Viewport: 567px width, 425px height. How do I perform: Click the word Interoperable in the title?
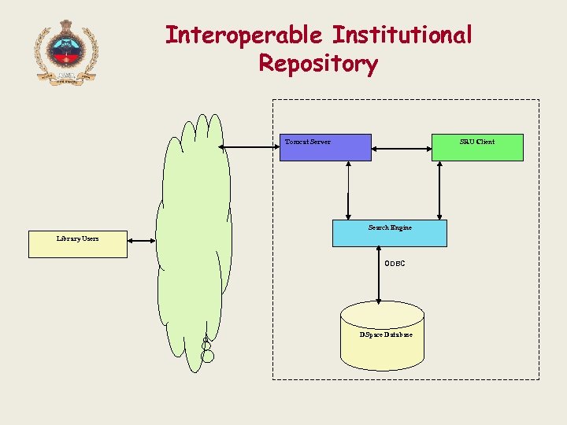tap(244, 35)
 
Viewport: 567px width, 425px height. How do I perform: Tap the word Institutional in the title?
tap(402, 35)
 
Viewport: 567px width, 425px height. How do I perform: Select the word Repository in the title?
tap(318, 64)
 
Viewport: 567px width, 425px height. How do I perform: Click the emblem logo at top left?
tap(66, 52)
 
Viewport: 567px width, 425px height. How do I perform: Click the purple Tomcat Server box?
tap(325, 147)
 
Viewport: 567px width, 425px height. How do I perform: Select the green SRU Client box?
tap(477, 147)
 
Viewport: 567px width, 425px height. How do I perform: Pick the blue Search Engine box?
tap(389, 233)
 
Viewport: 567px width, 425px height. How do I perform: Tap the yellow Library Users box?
tap(77, 244)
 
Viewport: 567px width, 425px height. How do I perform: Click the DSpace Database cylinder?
tap(382, 338)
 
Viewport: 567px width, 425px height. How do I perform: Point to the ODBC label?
tap(395, 264)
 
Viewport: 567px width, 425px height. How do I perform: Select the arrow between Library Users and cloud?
tap(142, 241)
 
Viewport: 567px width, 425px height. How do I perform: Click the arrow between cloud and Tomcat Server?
tap(250, 147)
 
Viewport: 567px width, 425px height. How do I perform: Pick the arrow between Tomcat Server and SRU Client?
tap(401, 147)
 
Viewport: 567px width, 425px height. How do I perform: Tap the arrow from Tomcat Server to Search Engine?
tap(348, 190)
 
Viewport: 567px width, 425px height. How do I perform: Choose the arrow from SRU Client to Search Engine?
tap(439, 190)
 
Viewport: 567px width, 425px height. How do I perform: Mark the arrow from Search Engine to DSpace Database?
tap(379, 275)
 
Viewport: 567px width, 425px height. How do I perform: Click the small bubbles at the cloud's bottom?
tap(207, 350)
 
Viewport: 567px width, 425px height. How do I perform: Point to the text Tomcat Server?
tap(308, 142)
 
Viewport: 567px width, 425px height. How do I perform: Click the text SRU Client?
tap(477, 142)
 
